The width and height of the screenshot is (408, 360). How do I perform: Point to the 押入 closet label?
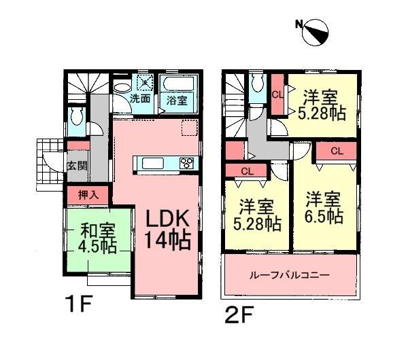point(88,194)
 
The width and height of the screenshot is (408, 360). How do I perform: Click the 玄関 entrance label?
point(76,165)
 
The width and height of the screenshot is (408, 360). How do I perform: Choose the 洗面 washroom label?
point(141,98)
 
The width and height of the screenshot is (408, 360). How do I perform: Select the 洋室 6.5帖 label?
point(324,208)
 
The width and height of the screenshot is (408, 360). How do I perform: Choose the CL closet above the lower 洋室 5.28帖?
point(248,171)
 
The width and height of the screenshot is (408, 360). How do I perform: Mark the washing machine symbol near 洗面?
point(145,82)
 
